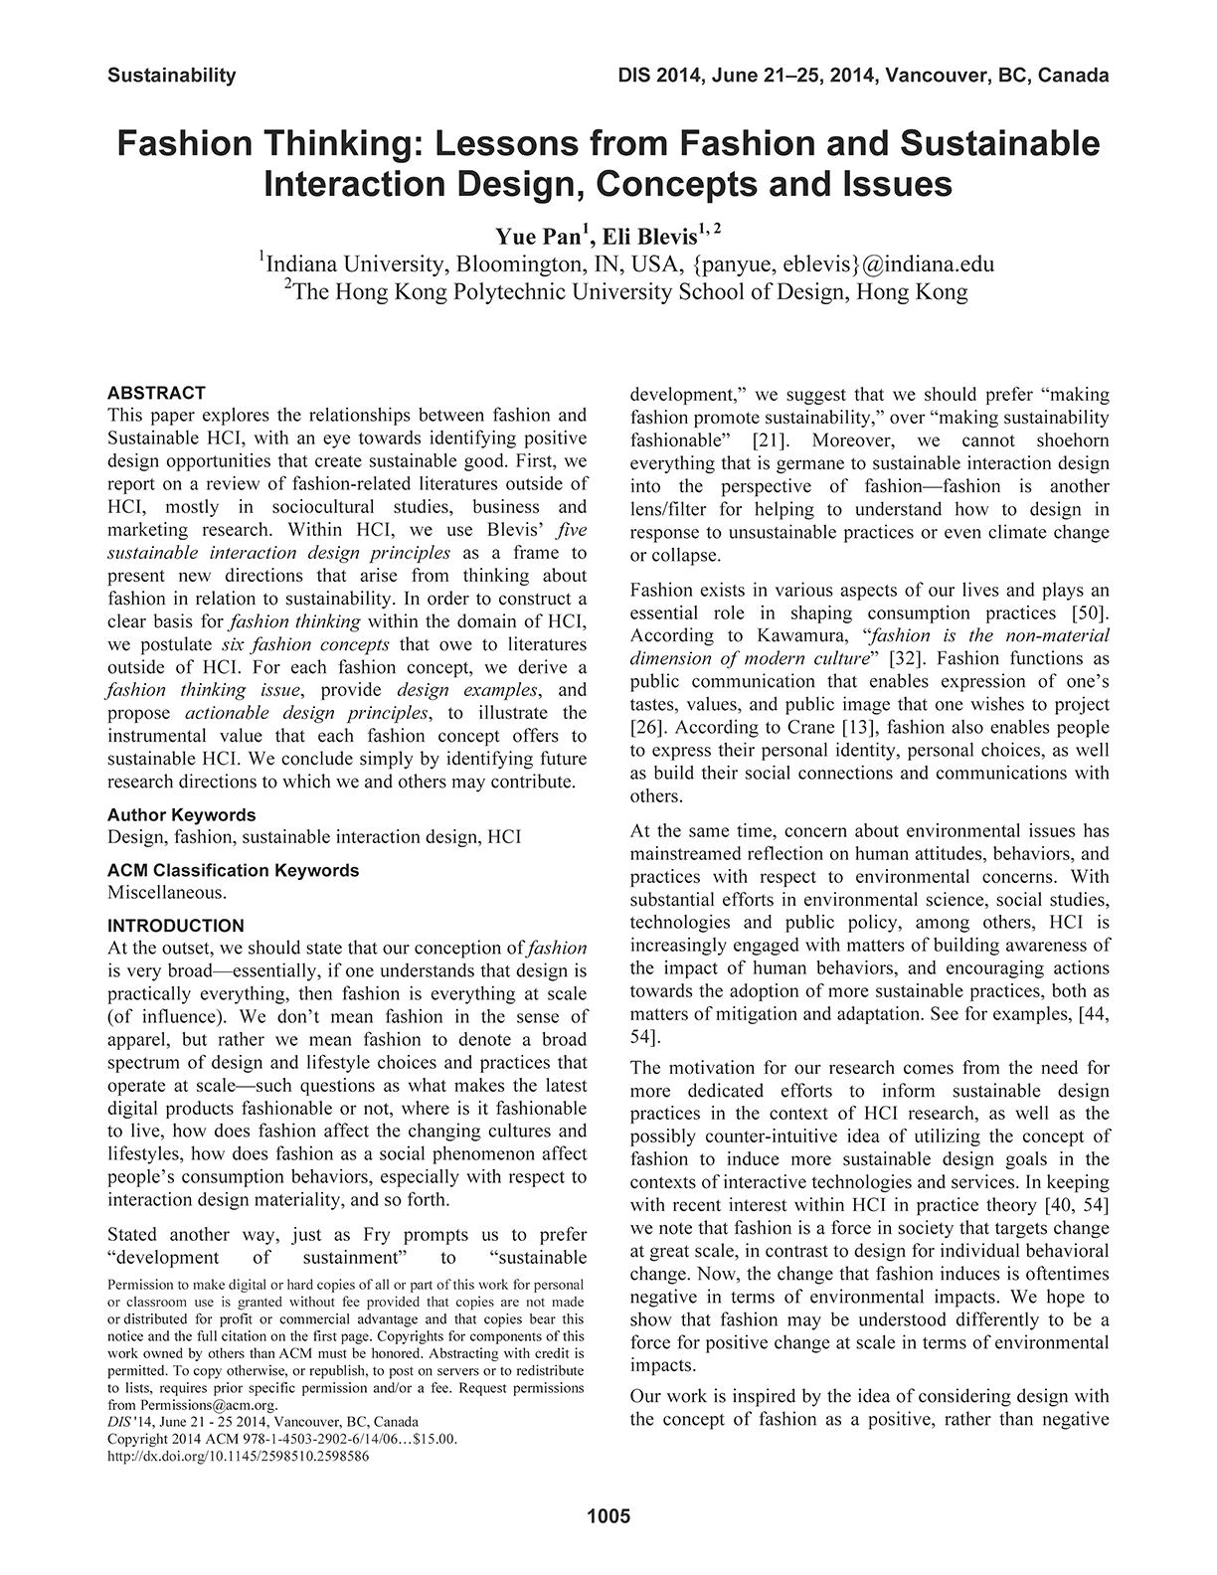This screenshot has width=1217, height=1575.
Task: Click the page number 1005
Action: pos(608,1516)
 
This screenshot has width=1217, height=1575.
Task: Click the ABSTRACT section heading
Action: pos(156,393)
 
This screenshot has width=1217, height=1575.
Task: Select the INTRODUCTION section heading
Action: pos(175,926)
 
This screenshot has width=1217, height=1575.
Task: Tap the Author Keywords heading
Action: pos(181,815)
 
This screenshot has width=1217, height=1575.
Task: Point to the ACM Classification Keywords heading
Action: pos(233,870)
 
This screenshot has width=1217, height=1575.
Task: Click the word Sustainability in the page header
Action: pos(171,75)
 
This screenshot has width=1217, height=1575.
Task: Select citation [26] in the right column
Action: pos(648,727)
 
